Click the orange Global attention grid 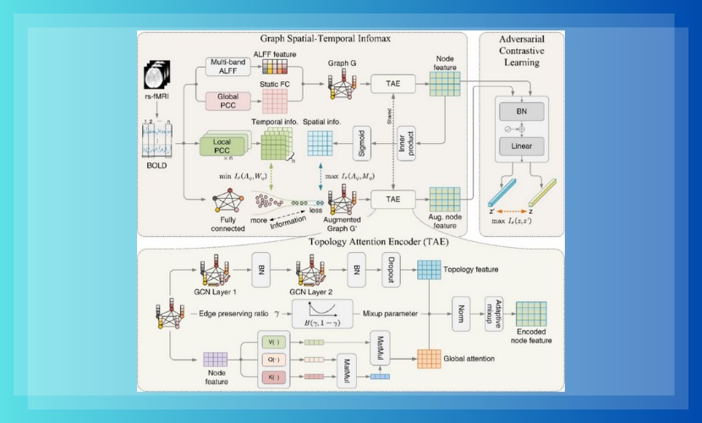pos(430,358)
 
